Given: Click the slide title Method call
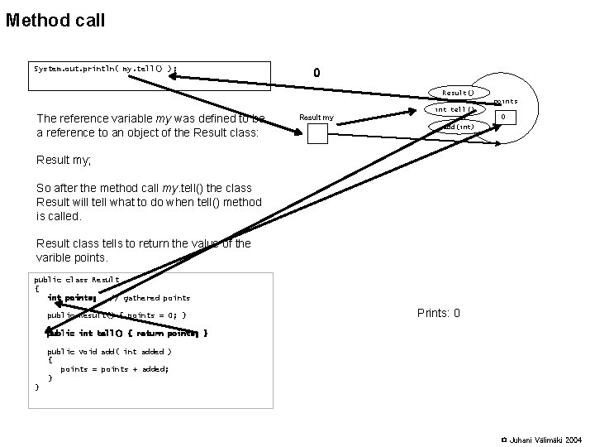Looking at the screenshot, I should click(x=55, y=20).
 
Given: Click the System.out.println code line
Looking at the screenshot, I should click(x=105, y=68).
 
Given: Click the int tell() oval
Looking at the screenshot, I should click(x=454, y=109).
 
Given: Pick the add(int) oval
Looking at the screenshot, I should click(x=457, y=127).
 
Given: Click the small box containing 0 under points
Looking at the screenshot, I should click(x=504, y=118).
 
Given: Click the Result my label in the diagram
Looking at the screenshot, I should click(x=317, y=118).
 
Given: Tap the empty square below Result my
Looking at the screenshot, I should click(x=317, y=133).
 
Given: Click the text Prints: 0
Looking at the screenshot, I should click(x=439, y=314).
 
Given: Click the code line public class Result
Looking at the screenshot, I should click(x=76, y=280).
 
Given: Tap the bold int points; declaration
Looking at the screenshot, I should click(x=72, y=297).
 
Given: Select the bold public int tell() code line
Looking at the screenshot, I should click(x=126, y=333).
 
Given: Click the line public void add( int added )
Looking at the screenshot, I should click(x=109, y=351).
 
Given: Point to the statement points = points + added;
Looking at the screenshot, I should click(x=115, y=369).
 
